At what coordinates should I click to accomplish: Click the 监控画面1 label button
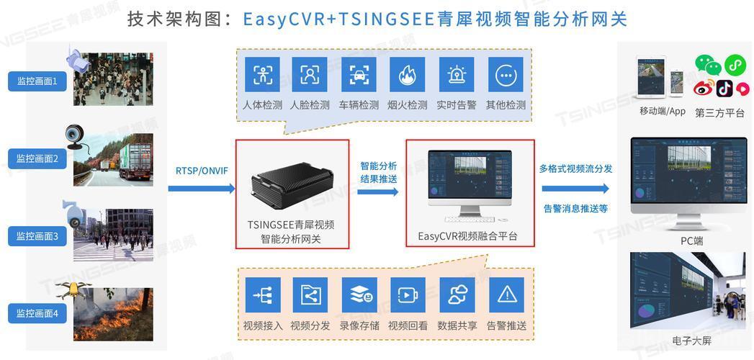[x=37, y=81]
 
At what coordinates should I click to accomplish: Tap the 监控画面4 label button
[x=37, y=313]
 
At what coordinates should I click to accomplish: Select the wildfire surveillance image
[x=113, y=315]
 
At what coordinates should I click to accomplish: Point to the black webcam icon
[x=76, y=137]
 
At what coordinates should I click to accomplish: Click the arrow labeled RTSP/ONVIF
[x=202, y=189]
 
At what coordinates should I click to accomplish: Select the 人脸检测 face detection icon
[x=310, y=74]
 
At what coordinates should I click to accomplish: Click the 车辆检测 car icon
[x=359, y=74]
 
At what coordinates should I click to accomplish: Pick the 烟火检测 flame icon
[x=408, y=74]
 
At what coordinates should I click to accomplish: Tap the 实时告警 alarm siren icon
[x=457, y=74]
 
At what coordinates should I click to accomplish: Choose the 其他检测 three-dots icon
[x=506, y=74]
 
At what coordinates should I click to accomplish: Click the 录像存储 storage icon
[x=359, y=294]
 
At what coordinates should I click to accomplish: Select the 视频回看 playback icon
[x=408, y=294]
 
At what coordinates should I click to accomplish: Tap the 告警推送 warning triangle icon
[x=506, y=294]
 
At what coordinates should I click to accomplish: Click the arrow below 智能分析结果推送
[x=378, y=192]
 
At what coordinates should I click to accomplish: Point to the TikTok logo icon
[x=724, y=88]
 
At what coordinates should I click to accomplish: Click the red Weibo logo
[x=703, y=89]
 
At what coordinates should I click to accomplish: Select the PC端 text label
[x=691, y=240]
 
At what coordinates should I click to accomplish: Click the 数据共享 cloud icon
[x=457, y=294]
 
